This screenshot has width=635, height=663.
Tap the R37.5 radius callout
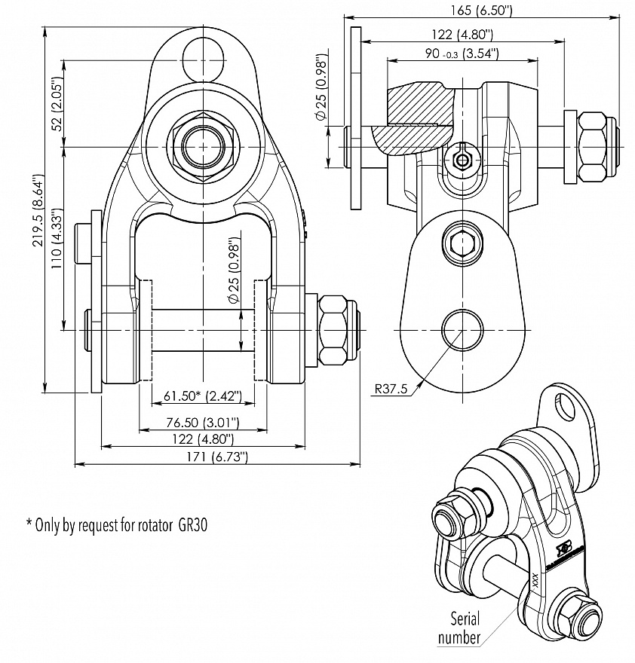click(391, 390)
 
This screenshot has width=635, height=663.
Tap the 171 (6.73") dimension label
click(216, 457)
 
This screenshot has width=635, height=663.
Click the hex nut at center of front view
click(202, 145)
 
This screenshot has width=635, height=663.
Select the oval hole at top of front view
click(203, 59)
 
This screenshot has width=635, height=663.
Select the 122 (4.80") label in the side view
click(453, 34)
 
